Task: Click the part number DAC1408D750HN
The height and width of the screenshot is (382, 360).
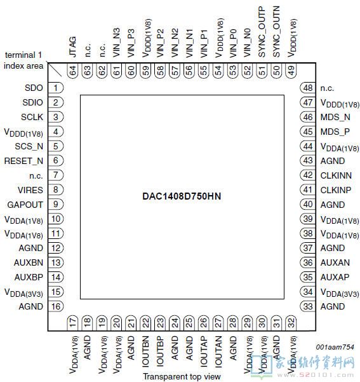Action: point(182,196)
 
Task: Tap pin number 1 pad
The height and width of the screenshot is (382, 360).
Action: point(56,88)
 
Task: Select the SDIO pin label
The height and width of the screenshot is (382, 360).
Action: point(32,102)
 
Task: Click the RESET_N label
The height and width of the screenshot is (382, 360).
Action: point(23,161)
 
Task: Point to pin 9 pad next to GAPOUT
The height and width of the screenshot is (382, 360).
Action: point(56,204)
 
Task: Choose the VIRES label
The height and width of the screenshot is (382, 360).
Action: point(30,190)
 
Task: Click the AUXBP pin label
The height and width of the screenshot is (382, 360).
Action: point(29,277)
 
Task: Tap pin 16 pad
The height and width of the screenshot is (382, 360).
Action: point(56,306)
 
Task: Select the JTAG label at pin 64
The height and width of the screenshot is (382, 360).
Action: point(73,47)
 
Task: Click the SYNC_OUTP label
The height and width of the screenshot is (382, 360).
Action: point(262,32)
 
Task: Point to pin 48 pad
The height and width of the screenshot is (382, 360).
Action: point(308,88)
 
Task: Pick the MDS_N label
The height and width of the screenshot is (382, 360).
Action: point(335,117)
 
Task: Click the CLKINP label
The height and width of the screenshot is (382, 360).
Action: point(336,190)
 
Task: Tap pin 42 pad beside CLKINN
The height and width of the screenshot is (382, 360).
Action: point(308,175)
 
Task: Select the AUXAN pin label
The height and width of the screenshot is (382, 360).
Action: point(335,263)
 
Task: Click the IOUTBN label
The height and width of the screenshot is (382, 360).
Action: point(145,351)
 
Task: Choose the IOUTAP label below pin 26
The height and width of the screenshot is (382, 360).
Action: point(203,351)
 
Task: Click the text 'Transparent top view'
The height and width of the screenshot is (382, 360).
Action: point(182,377)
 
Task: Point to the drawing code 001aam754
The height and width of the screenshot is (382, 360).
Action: point(335,347)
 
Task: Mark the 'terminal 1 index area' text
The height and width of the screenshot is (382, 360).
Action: point(23,60)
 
